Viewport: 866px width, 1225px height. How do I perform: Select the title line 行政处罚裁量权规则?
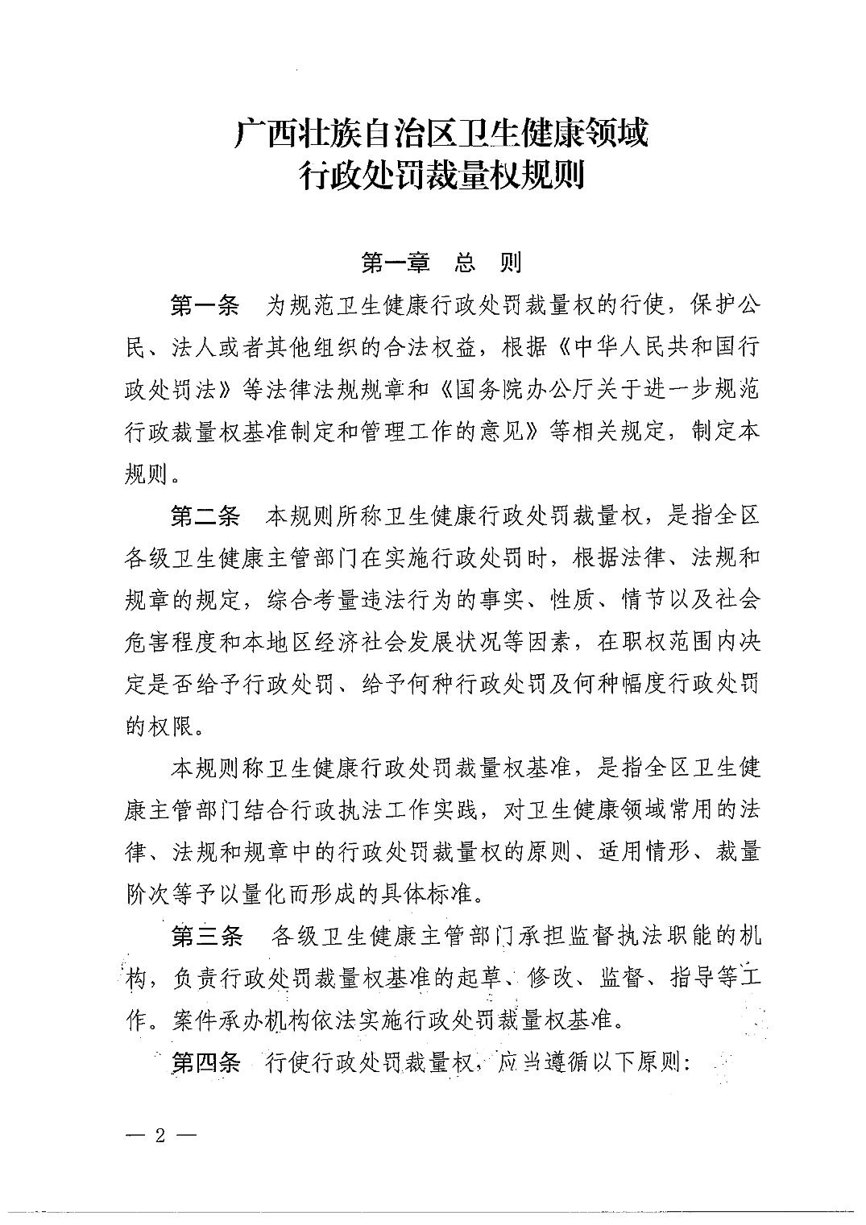[x=441, y=174]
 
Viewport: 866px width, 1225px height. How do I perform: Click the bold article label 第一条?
[x=205, y=306]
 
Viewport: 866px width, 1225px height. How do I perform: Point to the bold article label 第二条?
[x=205, y=516]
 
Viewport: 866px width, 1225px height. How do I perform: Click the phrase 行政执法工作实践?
[x=373, y=810]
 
